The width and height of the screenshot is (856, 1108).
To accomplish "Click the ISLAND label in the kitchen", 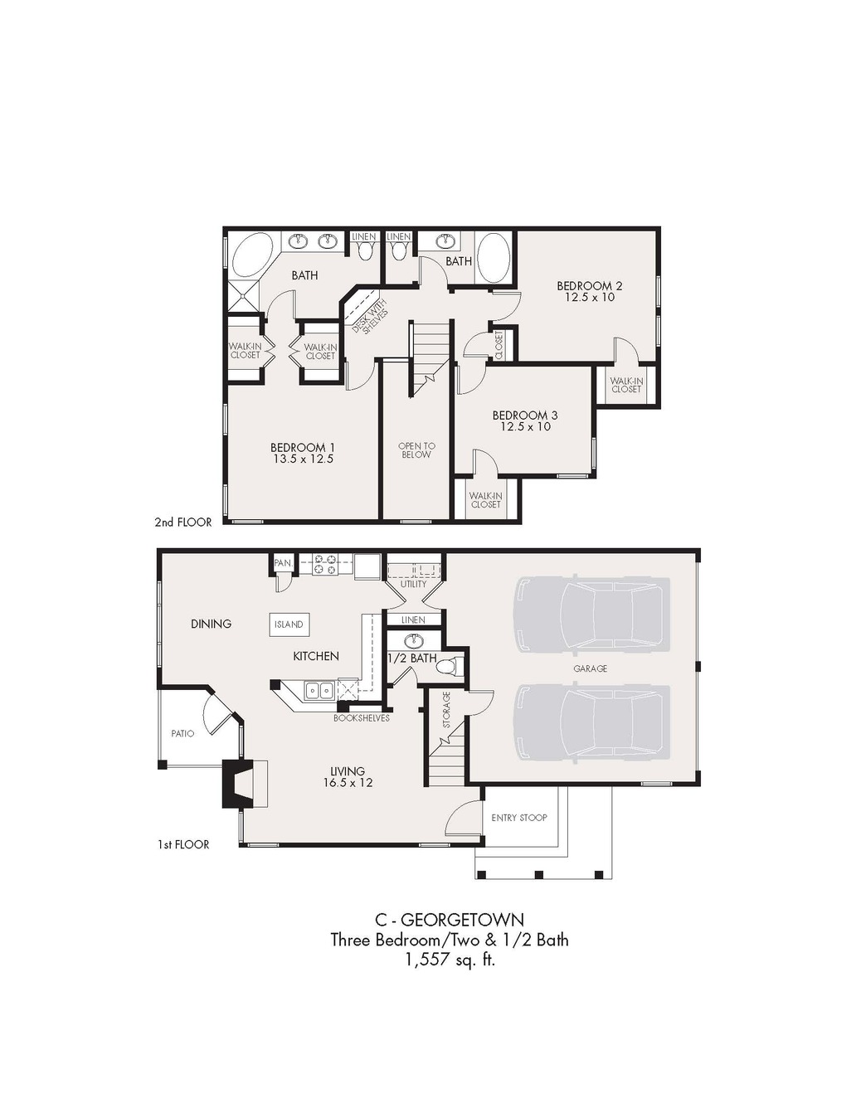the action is click(x=289, y=624).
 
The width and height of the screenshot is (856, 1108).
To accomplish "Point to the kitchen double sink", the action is click(x=319, y=690).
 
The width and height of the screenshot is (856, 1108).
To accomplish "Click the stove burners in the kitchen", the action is click(x=326, y=564).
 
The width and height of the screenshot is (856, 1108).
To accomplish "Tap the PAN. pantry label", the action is click(x=283, y=563).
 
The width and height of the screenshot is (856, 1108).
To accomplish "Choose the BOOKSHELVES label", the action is click(x=362, y=718).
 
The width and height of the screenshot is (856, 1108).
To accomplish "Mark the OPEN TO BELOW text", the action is click(x=416, y=450).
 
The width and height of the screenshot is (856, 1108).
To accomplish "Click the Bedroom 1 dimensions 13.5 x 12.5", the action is click(x=303, y=459).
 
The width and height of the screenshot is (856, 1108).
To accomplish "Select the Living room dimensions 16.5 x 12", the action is click(x=348, y=782).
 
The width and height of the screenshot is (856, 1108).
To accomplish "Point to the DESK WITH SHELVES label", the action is click(x=370, y=317).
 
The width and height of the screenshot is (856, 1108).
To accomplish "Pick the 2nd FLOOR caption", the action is click(x=183, y=522).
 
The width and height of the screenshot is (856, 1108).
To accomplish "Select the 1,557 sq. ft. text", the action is click(x=450, y=960).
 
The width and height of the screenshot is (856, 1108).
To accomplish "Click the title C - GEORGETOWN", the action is click(x=450, y=920).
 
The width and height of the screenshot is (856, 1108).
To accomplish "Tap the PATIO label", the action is click(x=182, y=734).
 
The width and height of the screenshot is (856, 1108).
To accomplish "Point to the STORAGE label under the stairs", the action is click(x=446, y=710).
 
